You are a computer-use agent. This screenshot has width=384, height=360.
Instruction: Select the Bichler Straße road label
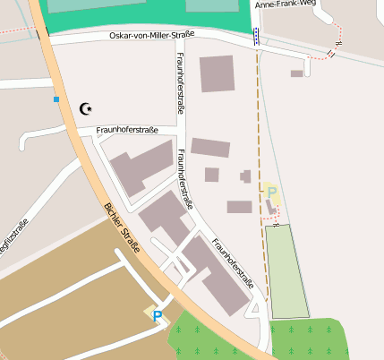(123, 228)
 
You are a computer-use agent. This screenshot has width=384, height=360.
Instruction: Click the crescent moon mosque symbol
(86, 108)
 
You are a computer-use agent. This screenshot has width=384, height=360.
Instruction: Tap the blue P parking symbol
(158, 315)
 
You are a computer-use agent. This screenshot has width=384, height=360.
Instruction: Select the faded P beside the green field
(272, 192)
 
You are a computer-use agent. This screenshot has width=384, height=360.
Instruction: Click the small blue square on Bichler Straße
(55, 99)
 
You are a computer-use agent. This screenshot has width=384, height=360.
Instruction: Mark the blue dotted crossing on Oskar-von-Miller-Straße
(257, 37)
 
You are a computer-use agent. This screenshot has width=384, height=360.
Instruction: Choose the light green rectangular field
(286, 270)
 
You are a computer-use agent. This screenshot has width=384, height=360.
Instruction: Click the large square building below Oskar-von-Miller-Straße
(217, 73)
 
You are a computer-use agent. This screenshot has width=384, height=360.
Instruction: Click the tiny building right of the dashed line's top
(296, 73)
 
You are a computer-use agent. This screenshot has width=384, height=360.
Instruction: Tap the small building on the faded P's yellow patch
(270, 207)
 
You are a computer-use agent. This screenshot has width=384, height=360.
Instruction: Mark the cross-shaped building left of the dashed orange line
(245, 176)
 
